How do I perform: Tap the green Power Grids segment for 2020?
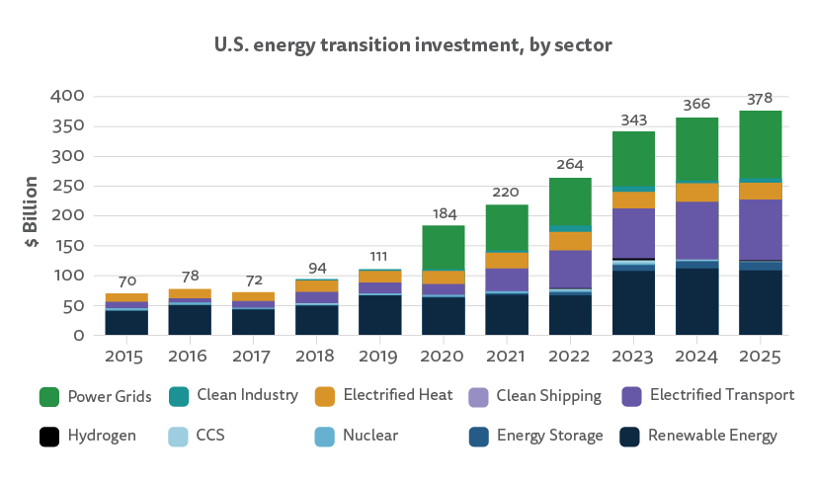coord(443,247)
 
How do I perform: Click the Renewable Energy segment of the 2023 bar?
coord(633,302)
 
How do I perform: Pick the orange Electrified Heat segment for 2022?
coord(570,240)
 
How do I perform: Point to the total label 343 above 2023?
coord(633,120)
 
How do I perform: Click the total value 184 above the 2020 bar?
coord(443,213)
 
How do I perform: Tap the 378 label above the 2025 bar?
coord(761,98)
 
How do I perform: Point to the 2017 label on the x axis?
coord(253,353)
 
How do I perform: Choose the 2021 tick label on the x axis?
coord(507,353)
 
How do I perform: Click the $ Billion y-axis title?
coord(32,213)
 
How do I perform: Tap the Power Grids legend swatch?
coord(49,396)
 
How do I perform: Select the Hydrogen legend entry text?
coord(101,436)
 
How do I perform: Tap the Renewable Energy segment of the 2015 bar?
coord(125,323)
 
